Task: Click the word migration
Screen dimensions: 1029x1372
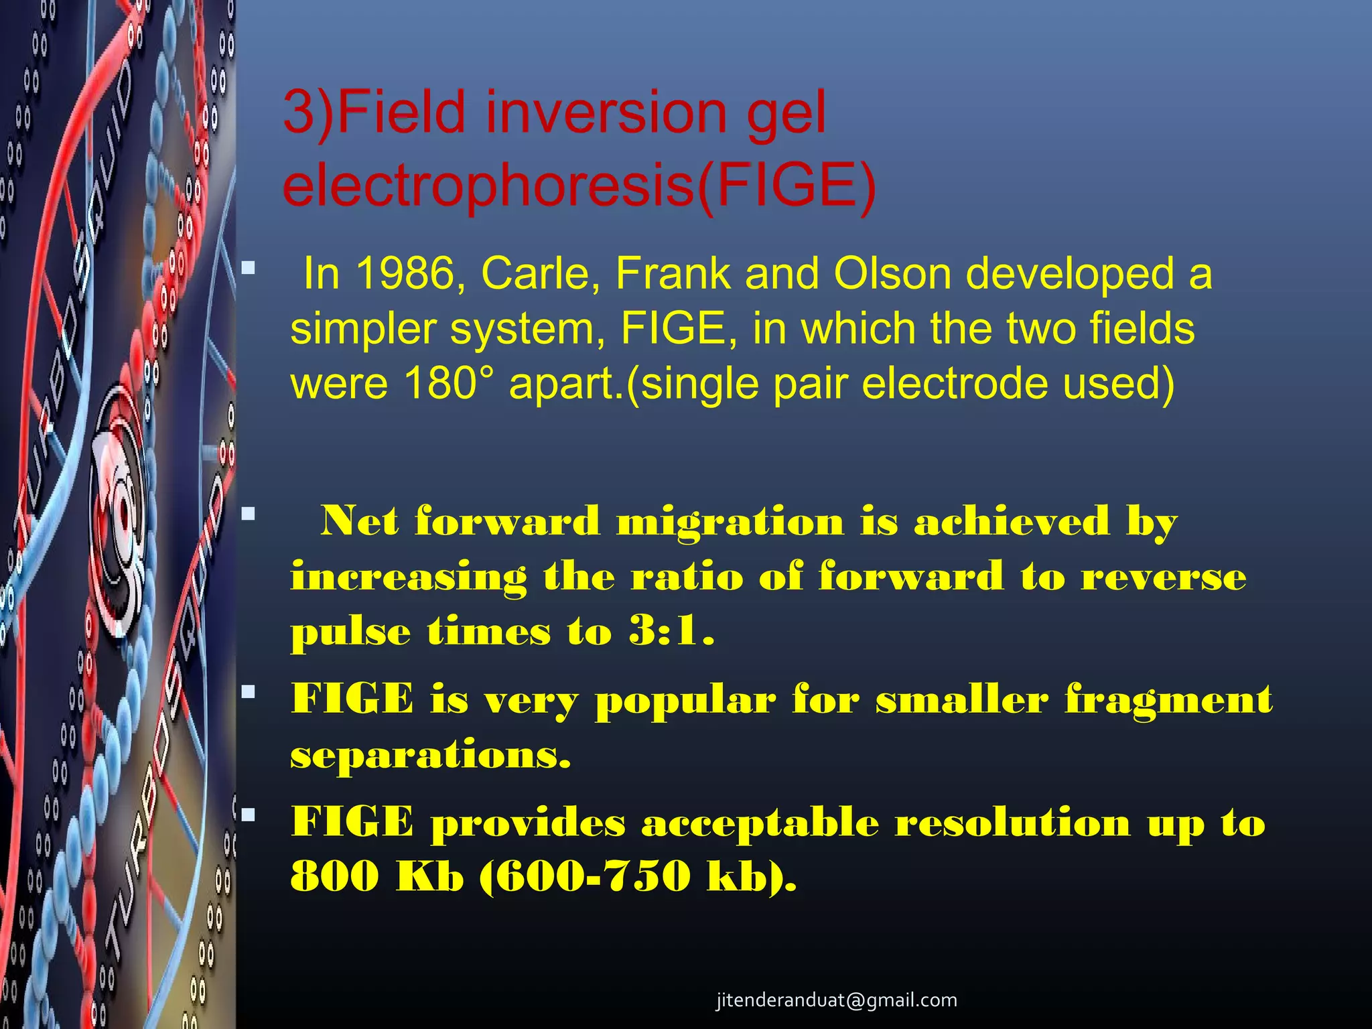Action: point(730,522)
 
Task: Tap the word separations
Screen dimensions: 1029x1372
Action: point(431,756)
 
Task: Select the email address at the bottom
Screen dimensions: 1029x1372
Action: point(836,1000)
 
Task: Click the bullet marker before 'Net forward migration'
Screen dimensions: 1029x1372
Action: point(249,514)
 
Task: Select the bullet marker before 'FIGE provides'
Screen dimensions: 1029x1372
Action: point(249,815)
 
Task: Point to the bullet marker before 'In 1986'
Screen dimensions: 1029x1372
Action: point(249,269)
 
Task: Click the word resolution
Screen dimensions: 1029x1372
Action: point(1012,823)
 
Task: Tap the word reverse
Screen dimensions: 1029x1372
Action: point(1164,577)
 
